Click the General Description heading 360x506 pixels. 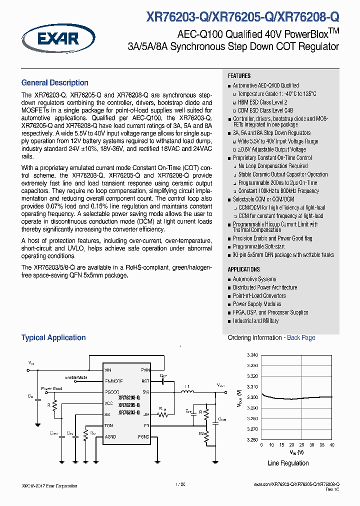(54, 83)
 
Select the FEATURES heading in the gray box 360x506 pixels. (239, 76)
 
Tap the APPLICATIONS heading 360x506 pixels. (243, 269)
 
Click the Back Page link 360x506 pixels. (301, 338)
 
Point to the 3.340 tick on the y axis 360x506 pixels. (252, 355)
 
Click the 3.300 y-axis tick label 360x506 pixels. (252, 397)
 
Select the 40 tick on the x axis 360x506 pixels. (331, 444)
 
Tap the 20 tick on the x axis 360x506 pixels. (292, 444)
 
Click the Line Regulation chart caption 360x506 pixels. (288, 463)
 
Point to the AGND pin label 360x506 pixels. (110, 436)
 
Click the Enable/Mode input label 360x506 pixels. (76, 377)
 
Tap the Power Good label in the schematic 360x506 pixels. (52, 388)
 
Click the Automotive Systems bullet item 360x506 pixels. (254, 279)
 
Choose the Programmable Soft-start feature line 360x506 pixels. (258, 247)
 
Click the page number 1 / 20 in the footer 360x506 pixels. (180, 484)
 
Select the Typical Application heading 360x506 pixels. (53, 338)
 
